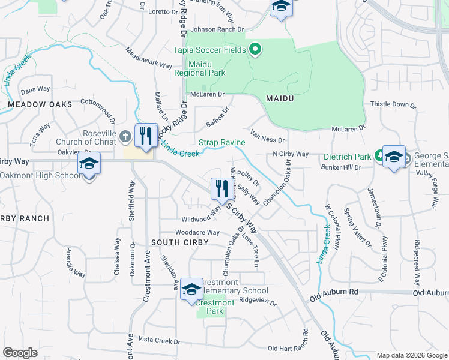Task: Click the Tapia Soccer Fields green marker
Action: coord(255,50)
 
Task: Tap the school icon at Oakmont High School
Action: coord(89,164)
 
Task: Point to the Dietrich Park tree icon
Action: coord(379,157)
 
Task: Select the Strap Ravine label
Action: coord(221,142)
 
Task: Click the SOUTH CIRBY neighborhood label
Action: coord(179,242)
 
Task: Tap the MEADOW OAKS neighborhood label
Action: coord(40,104)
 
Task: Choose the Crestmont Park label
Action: coord(215,307)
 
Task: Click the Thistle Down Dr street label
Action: coord(393,104)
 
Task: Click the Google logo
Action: coord(20,353)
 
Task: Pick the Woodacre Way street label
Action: coord(197,233)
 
